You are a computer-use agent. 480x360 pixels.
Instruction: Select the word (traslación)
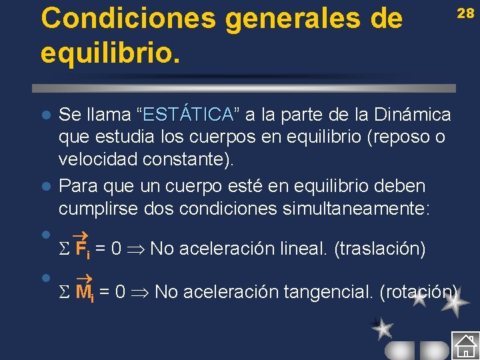(x=379, y=249)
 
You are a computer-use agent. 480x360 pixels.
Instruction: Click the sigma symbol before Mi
(x=64, y=293)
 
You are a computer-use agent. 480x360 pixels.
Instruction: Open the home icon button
(x=464, y=345)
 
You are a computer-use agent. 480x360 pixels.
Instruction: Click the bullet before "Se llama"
(x=45, y=115)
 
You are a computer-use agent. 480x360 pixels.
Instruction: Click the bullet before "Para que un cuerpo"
(x=45, y=185)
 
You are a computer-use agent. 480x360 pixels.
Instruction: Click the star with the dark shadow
(x=383, y=327)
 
